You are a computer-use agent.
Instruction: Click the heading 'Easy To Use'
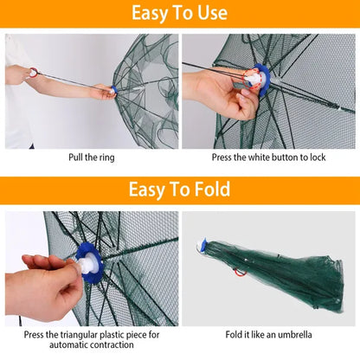point(179,13)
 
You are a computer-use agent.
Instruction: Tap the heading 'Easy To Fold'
point(179,190)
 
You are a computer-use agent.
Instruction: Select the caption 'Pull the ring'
point(92,157)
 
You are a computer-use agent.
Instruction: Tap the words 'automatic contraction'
point(92,346)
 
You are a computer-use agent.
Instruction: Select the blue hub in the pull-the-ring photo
point(112,90)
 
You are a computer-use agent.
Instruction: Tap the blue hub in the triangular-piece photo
point(90,263)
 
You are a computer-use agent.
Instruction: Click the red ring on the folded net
point(238,271)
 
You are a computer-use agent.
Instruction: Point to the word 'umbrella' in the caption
point(293,334)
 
